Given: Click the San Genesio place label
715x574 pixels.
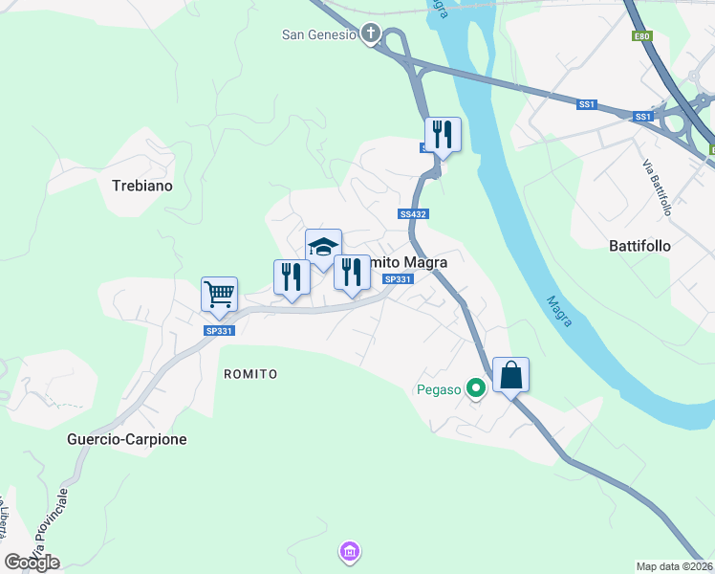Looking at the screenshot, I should (x=318, y=35).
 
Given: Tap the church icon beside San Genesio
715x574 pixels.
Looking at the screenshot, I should (x=371, y=35).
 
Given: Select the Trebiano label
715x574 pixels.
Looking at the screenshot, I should (x=141, y=186).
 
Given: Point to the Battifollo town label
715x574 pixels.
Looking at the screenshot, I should (x=639, y=246).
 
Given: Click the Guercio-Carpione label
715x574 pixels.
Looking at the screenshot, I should (x=127, y=439).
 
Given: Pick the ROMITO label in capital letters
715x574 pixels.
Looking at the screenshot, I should (x=250, y=373).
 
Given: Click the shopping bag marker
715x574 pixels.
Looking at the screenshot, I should (x=511, y=376).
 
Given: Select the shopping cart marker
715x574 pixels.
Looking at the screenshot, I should (x=219, y=295).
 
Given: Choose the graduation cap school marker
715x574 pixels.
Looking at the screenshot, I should (x=323, y=247).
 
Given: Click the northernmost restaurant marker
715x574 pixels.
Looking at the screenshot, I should (x=443, y=134).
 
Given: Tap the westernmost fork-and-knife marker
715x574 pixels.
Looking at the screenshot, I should (x=292, y=277).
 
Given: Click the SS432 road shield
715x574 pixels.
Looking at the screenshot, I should (x=412, y=215).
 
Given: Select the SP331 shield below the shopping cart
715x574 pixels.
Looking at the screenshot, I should (x=219, y=330).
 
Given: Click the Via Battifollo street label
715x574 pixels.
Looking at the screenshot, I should (x=656, y=172).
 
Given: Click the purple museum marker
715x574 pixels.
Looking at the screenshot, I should (x=349, y=552).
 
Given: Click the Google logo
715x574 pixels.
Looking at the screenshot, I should (x=32, y=563).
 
